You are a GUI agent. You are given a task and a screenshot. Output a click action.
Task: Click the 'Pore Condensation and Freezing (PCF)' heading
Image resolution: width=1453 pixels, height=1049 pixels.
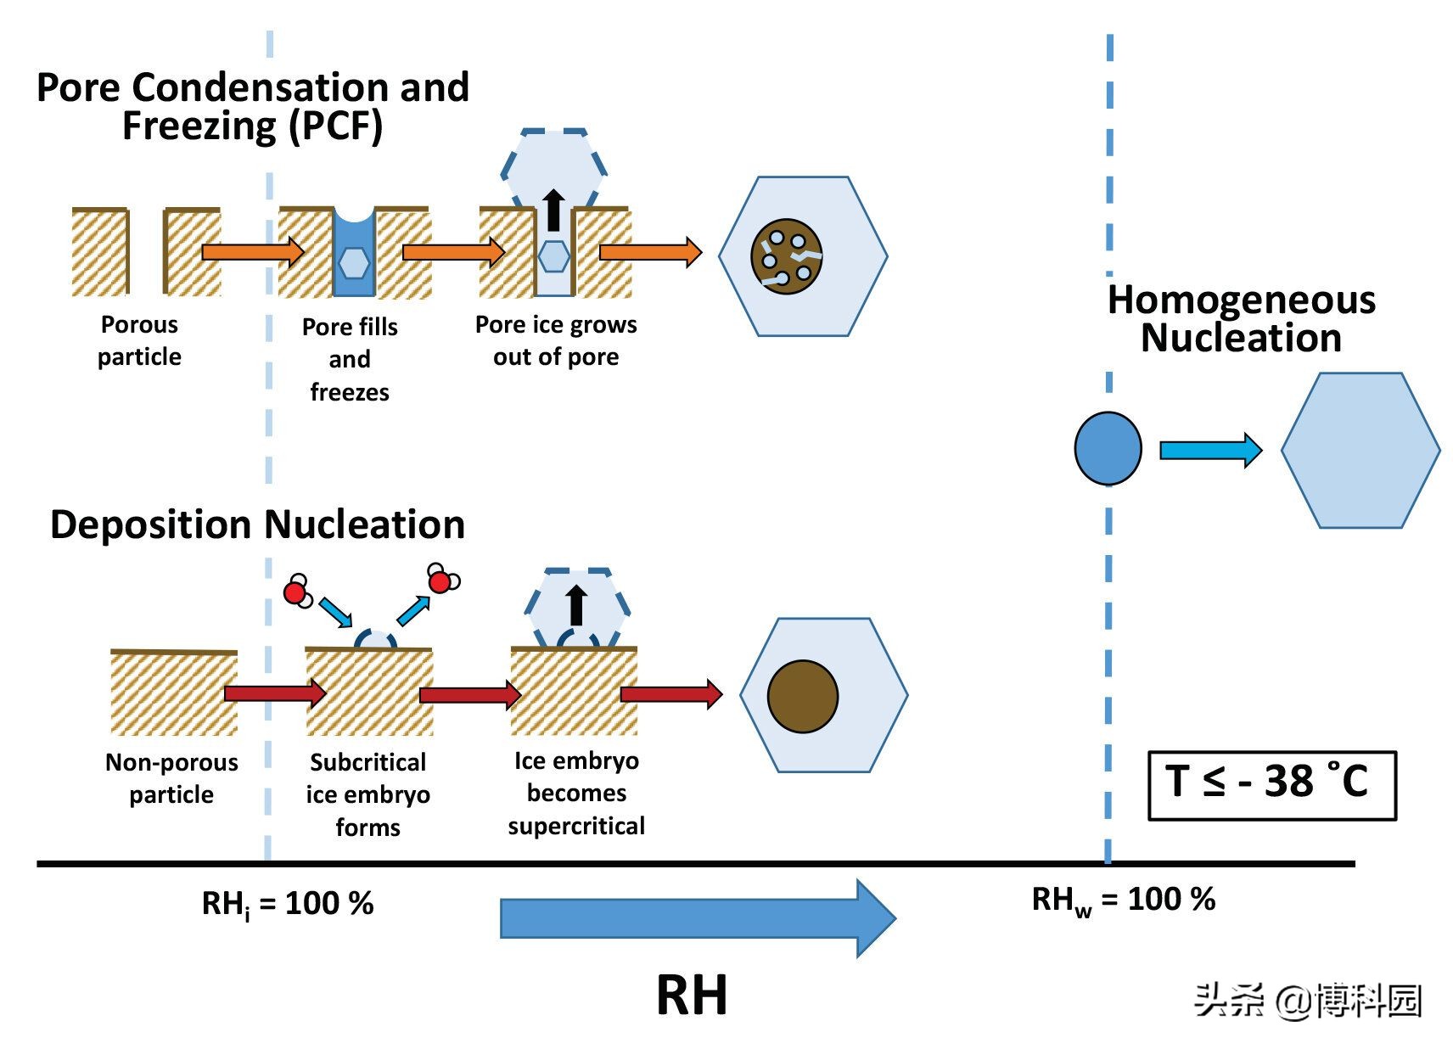[253, 106]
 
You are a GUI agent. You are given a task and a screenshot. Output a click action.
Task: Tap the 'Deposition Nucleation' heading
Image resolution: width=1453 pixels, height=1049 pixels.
[257, 524]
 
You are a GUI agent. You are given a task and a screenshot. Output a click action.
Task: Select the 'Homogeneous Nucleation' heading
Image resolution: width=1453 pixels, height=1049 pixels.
[1241, 318]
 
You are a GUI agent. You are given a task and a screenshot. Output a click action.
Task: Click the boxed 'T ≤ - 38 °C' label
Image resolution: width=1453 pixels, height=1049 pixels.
[1271, 784]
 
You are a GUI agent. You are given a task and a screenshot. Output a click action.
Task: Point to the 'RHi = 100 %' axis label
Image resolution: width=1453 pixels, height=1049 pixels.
[287, 904]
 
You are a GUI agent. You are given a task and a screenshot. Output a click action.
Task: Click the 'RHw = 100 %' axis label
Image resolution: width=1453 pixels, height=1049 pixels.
[1123, 900]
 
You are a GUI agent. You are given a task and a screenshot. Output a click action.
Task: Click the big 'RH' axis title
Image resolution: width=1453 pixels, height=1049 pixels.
[692, 995]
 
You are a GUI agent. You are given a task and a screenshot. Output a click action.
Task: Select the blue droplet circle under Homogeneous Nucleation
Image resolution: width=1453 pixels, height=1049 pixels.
[1108, 448]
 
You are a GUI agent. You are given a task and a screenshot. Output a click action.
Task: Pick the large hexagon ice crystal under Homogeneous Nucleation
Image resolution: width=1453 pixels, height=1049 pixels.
[1360, 450]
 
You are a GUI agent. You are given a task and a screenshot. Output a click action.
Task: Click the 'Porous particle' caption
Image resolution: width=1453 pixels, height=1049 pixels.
[139, 340]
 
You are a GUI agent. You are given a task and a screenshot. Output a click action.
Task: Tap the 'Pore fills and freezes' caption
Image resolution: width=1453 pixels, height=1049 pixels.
[350, 359]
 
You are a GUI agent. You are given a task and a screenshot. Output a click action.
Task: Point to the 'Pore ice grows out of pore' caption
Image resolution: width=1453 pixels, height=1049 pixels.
[556, 340]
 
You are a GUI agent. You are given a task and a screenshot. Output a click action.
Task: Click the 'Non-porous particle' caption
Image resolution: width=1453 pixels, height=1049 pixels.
[171, 778]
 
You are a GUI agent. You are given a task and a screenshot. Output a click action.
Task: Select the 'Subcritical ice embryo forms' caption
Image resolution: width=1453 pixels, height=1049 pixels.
[367, 794]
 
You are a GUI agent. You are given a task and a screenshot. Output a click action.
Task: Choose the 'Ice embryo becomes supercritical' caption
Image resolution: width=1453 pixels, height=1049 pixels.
[576, 794]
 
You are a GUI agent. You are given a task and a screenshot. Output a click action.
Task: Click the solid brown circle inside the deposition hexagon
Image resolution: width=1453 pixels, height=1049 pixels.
[802, 696]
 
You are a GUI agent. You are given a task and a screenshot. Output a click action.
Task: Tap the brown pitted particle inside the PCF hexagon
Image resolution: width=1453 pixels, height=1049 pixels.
[786, 256]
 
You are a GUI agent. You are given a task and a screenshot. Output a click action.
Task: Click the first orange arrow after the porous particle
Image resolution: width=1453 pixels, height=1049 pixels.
[253, 251]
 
